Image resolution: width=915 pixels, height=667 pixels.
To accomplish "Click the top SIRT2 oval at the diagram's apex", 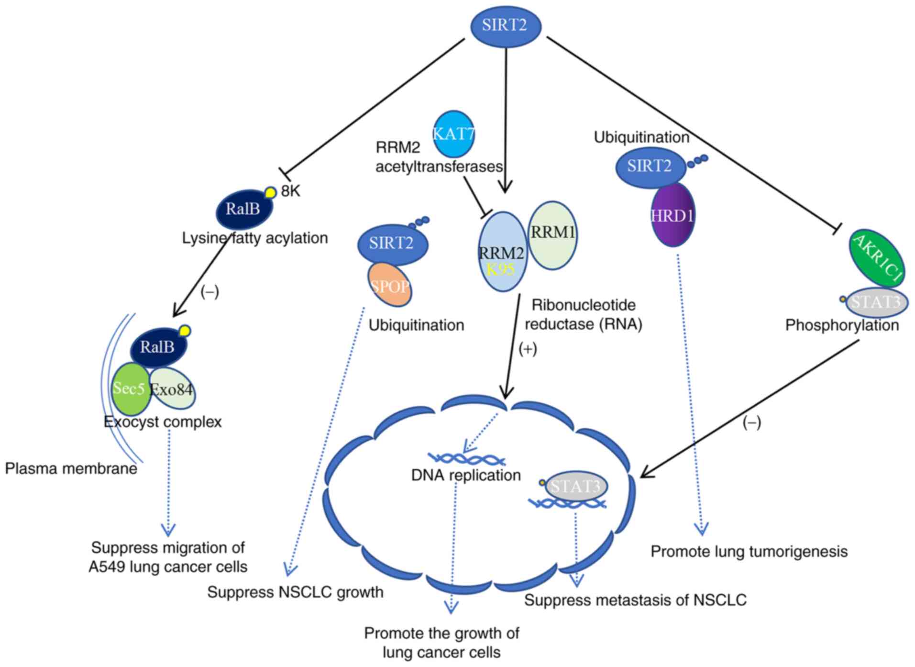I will point(505,26).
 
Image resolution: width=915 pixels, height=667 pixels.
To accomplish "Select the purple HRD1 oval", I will point(672,216).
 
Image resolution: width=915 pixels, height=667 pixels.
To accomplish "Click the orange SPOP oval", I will point(390,286).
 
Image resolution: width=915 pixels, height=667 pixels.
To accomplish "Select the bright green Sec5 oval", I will point(130,389).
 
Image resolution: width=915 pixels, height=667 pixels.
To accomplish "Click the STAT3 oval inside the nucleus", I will point(576,487).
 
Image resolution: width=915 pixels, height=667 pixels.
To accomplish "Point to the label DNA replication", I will point(466,475).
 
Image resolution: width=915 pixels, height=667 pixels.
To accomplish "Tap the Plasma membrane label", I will point(71,468).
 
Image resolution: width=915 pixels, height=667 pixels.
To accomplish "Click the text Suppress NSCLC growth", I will point(295,592).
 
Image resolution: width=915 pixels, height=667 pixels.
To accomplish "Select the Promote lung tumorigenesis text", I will point(749,552).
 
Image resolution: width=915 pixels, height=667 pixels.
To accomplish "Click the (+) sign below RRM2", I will point(528,349).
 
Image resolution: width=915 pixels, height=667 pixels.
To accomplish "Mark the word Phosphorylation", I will point(842,325).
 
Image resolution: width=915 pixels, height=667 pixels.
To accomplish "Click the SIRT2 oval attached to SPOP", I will point(392,244).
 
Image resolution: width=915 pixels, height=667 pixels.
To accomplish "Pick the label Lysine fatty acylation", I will point(255,238).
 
